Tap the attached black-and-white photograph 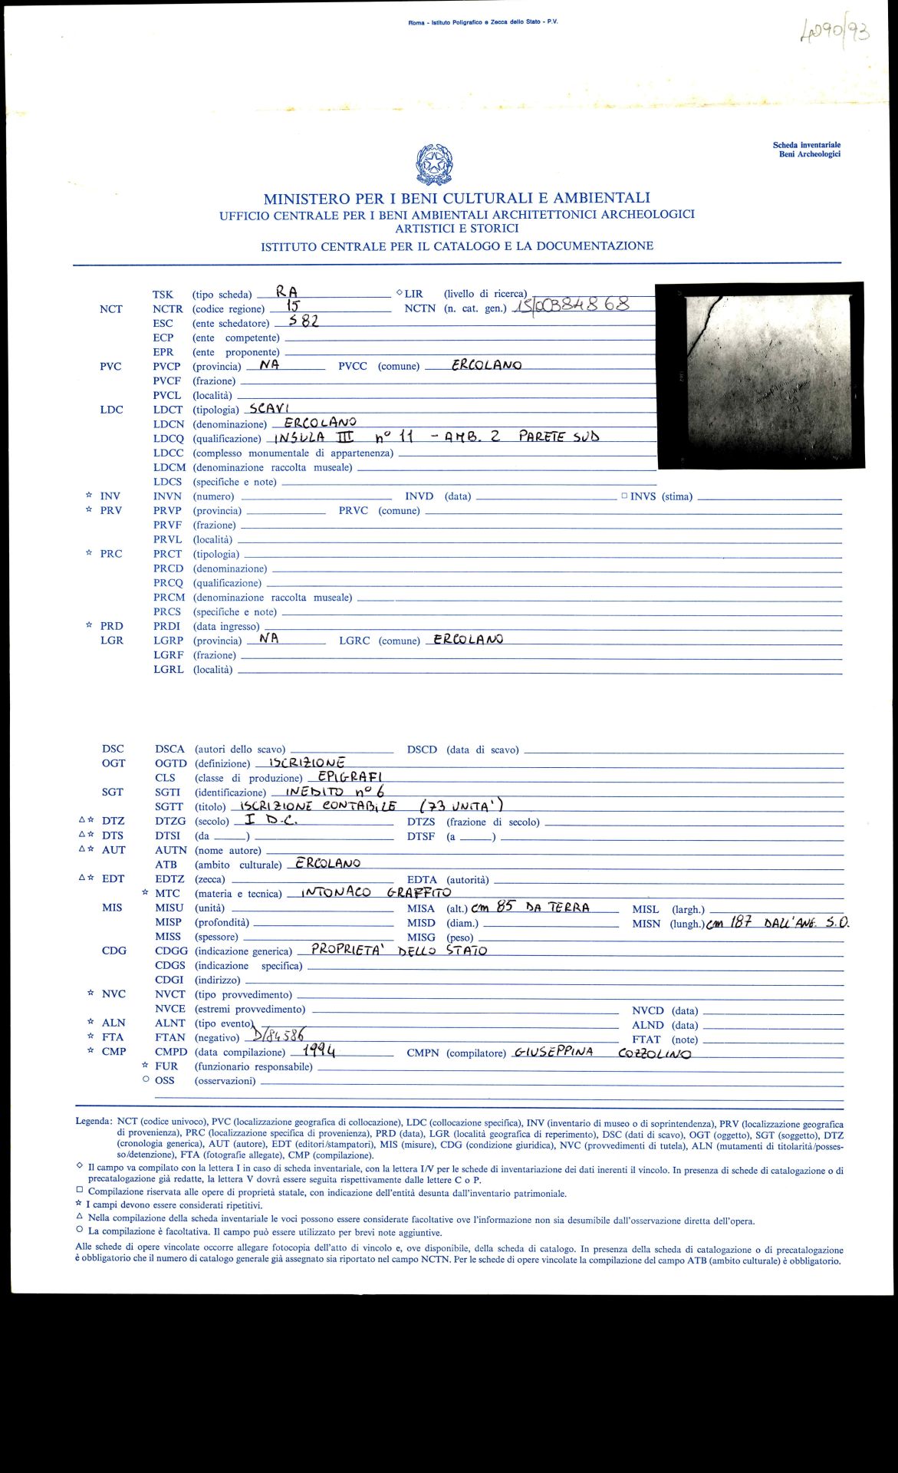pos(759,374)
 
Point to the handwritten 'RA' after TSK pos(288,292)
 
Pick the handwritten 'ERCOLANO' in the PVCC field pos(486,364)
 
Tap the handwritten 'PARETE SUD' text pos(558,437)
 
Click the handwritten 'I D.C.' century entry pos(269,819)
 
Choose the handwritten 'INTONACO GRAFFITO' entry pos(376,892)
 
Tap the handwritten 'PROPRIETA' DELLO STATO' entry pos(399,950)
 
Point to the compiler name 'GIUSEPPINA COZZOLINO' pos(602,1052)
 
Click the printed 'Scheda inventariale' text pos(806,145)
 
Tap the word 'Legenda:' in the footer pos(94,1121)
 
